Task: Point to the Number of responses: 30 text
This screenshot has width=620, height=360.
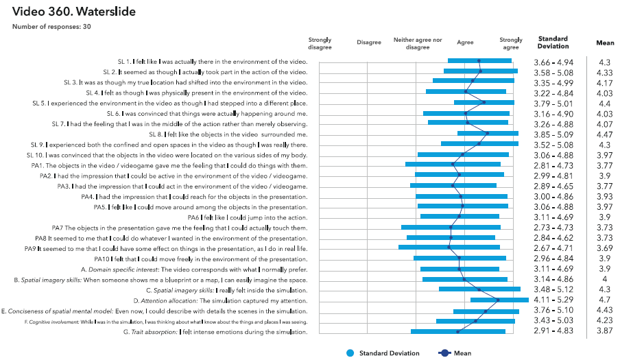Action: click(51, 27)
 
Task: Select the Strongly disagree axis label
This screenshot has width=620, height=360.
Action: click(320, 43)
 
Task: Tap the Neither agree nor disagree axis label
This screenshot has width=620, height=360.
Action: click(418, 43)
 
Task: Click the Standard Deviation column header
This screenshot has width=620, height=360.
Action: click(553, 43)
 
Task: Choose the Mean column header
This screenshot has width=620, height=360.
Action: click(605, 43)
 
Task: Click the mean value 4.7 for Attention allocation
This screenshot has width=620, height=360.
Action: click(605, 300)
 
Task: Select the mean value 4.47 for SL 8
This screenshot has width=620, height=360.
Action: click(605, 134)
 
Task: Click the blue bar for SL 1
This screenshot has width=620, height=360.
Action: click(479, 62)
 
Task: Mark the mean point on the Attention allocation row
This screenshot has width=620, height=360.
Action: click(498, 300)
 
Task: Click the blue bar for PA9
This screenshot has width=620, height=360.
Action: click(449, 248)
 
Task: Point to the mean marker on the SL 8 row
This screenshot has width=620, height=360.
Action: click(487, 134)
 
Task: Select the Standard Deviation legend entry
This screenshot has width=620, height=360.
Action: click(384, 353)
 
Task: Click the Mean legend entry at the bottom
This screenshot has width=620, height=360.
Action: click(456, 353)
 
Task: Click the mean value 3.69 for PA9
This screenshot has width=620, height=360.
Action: click(605, 248)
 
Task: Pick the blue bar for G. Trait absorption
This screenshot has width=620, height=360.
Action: click(457, 332)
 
